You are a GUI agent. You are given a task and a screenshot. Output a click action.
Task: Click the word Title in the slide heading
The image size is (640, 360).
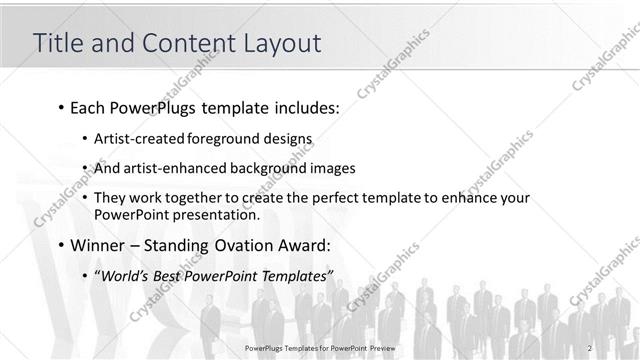tap(58, 43)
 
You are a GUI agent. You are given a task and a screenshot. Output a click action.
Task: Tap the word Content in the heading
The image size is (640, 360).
tap(188, 43)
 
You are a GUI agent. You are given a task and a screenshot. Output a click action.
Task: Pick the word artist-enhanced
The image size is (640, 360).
tap(172, 169)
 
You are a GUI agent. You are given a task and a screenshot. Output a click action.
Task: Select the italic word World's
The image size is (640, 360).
tap(125, 276)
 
